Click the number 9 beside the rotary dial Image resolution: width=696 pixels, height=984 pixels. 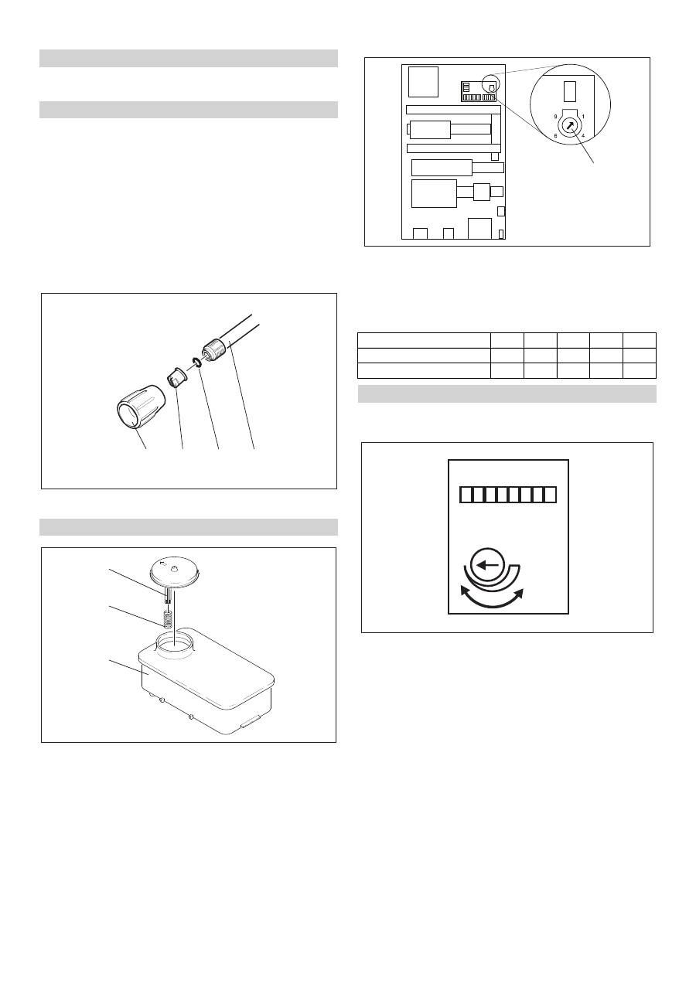click(x=555, y=117)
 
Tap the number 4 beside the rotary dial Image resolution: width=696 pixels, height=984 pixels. click(x=583, y=136)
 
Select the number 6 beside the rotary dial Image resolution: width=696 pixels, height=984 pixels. click(x=555, y=136)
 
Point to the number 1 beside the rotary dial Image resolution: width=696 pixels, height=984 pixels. click(x=583, y=117)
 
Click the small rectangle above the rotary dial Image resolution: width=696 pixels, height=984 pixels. click(x=569, y=91)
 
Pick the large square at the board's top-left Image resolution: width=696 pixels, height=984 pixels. click(x=423, y=82)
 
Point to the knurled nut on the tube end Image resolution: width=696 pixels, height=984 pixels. click(x=213, y=352)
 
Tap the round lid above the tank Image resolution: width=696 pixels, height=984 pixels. click(x=176, y=570)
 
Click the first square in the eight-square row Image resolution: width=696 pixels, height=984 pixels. click(x=466, y=495)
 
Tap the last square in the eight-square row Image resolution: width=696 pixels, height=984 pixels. click(x=551, y=495)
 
